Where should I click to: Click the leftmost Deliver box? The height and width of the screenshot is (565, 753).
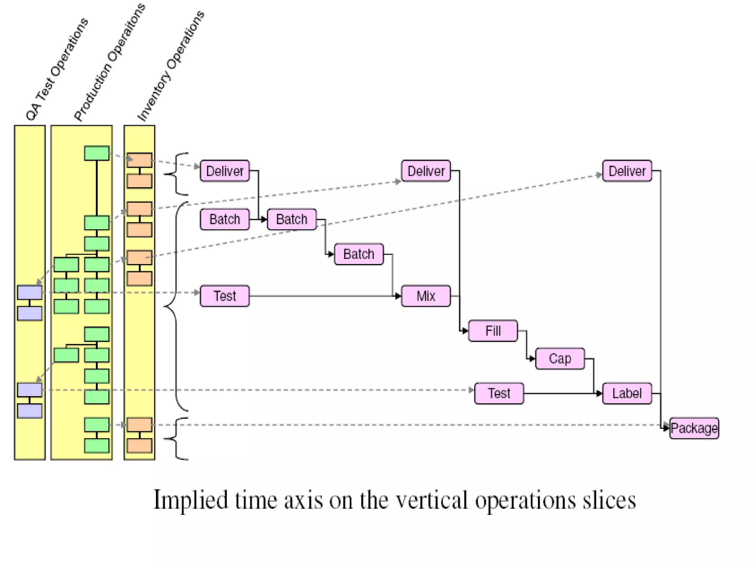pos(225,171)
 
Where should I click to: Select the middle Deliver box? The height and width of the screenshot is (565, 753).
pos(426,171)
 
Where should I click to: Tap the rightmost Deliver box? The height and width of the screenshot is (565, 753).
pos(627,171)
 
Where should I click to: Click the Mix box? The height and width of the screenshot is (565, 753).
pos(426,296)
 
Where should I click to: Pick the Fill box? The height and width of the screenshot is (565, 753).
pos(493,331)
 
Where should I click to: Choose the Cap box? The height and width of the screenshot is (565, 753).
pos(560,358)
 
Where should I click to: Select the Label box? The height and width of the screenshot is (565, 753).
pos(627,393)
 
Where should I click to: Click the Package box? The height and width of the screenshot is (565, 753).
pos(694,428)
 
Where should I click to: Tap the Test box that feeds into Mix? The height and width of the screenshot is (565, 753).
pos(225,296)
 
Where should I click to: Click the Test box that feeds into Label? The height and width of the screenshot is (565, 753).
pos(499,393)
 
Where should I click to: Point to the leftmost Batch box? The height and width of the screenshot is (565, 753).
pos(225,219)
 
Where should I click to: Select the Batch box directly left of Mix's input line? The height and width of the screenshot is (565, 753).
pos(358,254)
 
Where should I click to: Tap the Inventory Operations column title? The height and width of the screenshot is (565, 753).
pos(171,66)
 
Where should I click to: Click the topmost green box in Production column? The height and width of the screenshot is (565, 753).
pos(97,153)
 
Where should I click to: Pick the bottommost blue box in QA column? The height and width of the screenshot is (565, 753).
pos(29,411)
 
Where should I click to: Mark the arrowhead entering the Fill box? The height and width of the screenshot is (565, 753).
pos(465,331)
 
